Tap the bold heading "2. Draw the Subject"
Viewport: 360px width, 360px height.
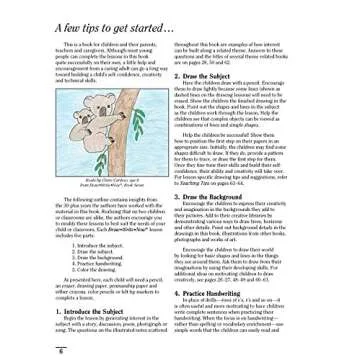[x=214, y=76]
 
